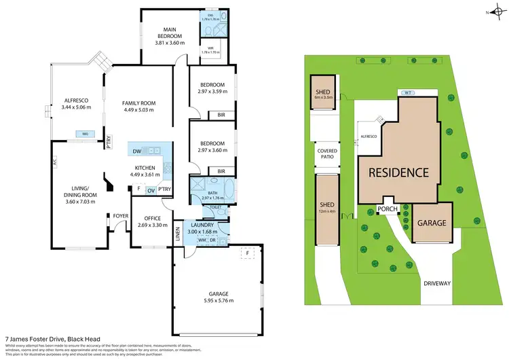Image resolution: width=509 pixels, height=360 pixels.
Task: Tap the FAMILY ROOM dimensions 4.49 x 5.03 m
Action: pos(138,109)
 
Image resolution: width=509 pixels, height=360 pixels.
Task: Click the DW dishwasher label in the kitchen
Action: pos(136,151)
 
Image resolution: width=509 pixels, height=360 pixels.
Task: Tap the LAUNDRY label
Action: pos(202,225)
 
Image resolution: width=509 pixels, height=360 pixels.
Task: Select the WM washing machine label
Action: pos(202,240)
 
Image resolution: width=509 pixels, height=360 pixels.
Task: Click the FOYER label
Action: pos(121,217)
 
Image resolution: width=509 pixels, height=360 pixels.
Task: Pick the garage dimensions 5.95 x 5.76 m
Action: pos(212,300)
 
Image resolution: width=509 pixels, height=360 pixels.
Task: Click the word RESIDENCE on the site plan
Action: pos(398,172)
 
